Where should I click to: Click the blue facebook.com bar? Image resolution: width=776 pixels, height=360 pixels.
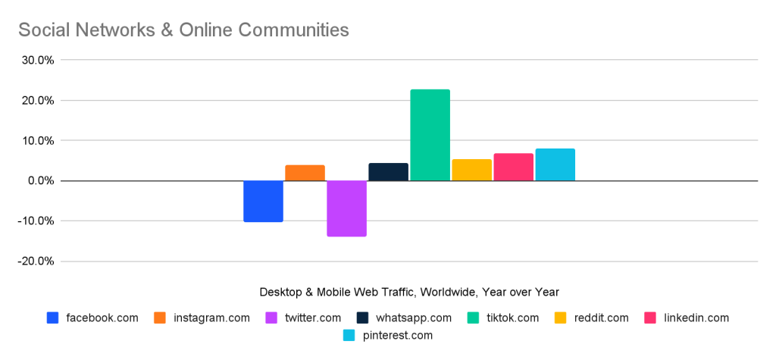[263, 201]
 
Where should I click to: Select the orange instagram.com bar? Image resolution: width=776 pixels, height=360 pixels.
[305, 173]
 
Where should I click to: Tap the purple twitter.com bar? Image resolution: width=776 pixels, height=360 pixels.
[346, 208]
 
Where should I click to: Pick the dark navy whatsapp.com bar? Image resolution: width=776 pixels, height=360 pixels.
[388, 172]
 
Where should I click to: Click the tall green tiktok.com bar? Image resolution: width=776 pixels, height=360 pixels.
[430, 135]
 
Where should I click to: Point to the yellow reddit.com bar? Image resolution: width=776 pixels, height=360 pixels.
[471, 170]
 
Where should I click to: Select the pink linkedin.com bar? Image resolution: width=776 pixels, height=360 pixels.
[513, 167]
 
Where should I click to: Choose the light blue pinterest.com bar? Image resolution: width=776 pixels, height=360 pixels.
[555, 164]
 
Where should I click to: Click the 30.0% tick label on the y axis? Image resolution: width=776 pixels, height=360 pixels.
[36, 60]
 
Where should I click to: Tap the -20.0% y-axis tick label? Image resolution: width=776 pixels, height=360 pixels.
[34, 261]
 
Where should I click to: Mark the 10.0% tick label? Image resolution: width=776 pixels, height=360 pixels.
[36, 140]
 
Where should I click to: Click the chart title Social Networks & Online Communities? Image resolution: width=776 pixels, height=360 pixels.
[183, 30]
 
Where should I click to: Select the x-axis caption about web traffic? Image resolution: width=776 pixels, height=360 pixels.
[409, 292]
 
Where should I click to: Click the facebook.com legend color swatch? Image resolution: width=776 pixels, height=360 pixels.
[52, 318]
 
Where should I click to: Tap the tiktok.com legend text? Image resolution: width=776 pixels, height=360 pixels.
[513, 318]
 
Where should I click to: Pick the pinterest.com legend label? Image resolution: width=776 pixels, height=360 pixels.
[397, 334]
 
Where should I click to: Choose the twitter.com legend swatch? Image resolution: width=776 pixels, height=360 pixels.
[271, 318]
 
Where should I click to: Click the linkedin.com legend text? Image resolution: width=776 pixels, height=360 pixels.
[696, 318]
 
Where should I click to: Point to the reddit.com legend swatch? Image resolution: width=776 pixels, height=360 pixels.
[562, 318]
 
